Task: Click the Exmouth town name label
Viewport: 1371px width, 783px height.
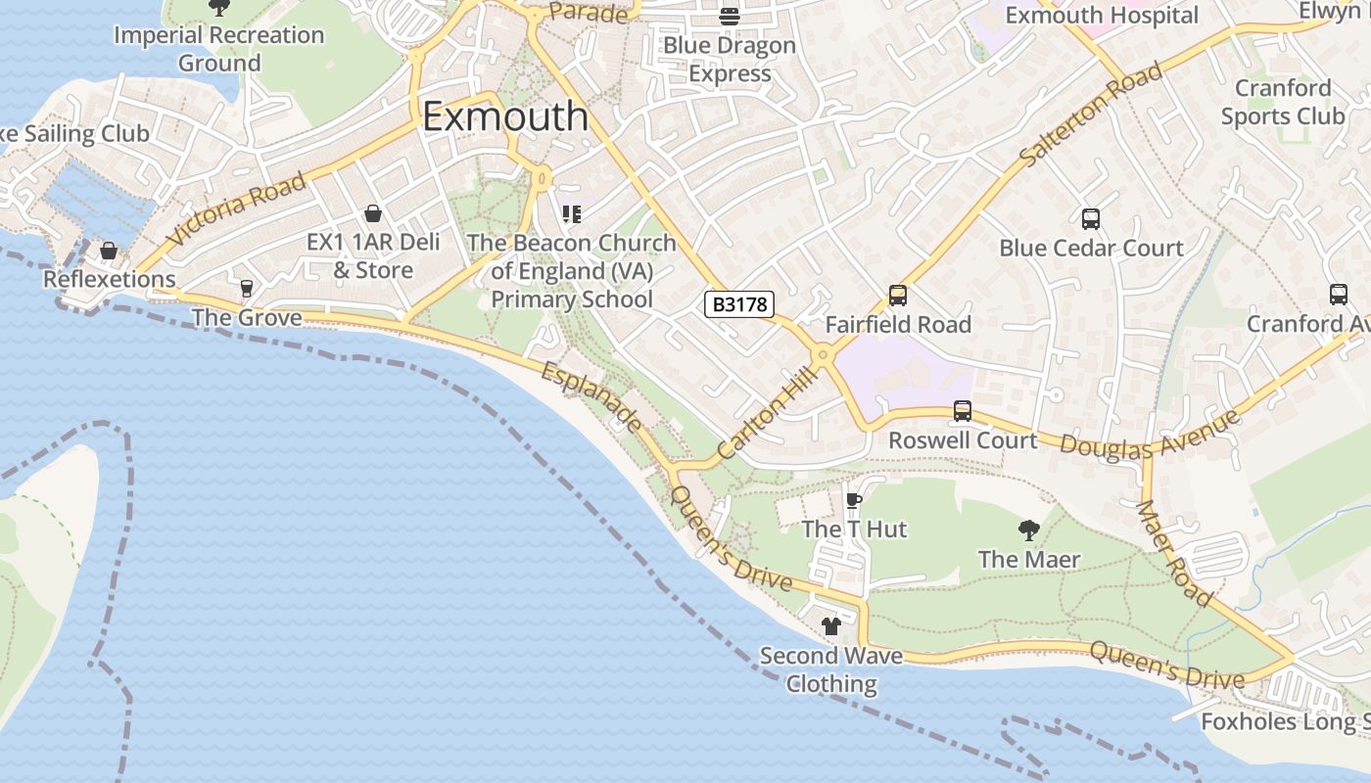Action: (x=505, y=116)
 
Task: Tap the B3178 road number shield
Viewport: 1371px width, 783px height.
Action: (x=739, y=304)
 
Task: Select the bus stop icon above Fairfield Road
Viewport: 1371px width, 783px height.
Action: (x=897, y=296)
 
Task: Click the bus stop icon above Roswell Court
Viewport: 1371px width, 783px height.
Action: (x=963, y=412)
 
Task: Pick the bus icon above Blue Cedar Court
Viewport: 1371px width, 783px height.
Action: (x=1091, y=219)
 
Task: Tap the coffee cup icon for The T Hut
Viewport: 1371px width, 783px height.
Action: (x=854, y=501)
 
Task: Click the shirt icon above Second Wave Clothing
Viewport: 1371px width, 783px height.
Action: (x=831, y=626)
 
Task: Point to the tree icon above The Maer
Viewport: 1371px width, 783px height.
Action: (x=1028, y=531)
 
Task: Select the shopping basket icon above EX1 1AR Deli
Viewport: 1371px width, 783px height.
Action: (x=373, y=213)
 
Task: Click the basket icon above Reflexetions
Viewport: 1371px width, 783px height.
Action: (x=109, y=252)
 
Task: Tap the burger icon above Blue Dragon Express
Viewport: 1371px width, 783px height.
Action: (x=729, y=17)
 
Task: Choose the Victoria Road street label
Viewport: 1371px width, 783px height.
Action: (x=236, y=208)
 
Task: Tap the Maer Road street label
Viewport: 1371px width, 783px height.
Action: (x=1174, y=553)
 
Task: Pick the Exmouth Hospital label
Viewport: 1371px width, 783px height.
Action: (x=1102, y=16)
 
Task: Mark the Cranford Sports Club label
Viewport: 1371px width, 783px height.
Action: (x=1282, y=102)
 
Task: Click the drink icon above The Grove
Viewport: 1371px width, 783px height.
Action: (x=246, y=289)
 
